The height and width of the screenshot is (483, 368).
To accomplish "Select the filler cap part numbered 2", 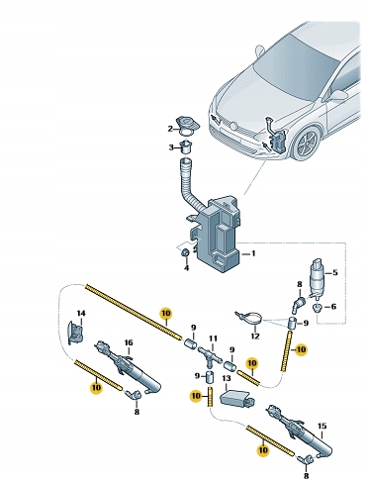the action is pyautogui.click(x=188, y=127).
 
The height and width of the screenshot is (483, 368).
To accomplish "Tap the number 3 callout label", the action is pyautogui.click(x=171, y=147).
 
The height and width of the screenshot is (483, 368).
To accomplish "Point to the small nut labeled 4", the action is pyautogui.click(x=185, y=253).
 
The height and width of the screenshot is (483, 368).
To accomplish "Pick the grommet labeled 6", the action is pyautogui.click(x=318, y=308).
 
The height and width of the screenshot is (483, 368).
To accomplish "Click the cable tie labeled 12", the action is pyautogui.click(x=249, y=318).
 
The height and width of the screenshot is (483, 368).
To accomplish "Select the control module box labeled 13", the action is pyautogui.click(x=236, y=397).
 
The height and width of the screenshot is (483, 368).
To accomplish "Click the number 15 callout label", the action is pyautogui.click(x=322, y=426).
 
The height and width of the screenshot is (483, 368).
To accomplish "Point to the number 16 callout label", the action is pyautogui.click(x=129, y=342).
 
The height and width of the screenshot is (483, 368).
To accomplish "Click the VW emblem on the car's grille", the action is pyautogui.click(x=233, y=126).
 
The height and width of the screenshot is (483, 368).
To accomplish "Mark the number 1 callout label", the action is pyautogui.click(x=253, y=253).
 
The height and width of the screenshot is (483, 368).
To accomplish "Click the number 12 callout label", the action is pyautogui.click(x=255, y=337).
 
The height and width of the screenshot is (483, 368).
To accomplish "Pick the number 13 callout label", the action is pyautogui.click(x=227, y=378).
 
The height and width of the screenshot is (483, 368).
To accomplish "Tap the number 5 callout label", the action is pyautogui.click(x=335, y=272).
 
